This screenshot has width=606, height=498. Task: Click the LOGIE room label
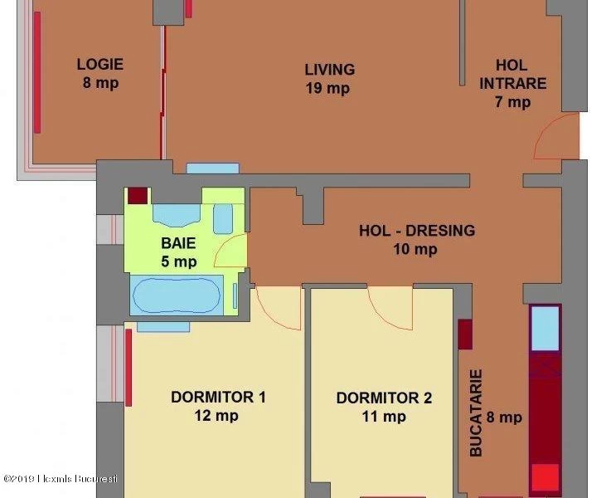(x=100, y=64)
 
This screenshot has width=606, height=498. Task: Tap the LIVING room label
(x=330, y=70)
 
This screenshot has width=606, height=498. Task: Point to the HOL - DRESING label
(x=417, y=231)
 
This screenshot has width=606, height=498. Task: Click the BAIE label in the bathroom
(x=178, y=243)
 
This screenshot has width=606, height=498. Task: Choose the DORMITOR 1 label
(x=218, y=398)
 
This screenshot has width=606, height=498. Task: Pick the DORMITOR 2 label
(x=384, y=398)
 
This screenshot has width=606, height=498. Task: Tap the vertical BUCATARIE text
(x=476, y=413)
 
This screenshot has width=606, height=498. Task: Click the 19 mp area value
(x=327, y=89)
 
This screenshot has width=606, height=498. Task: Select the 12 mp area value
(x=216, y=416)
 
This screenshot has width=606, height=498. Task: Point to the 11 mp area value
(x=384, y=417)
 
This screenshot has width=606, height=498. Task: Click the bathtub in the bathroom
(x=177, y=295)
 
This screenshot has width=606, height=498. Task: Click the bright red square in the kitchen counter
(x=545, y=477)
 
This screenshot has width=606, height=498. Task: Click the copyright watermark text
(x=61, y=479)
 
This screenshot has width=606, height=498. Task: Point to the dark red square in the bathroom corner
(x=138, y=196)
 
